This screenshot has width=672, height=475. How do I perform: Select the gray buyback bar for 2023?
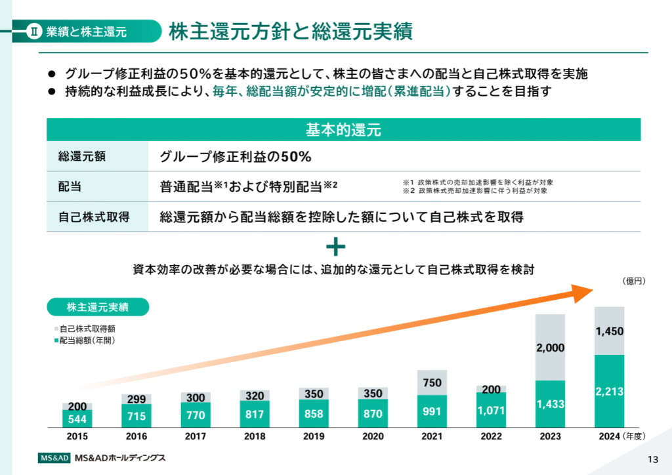tap(550, 348)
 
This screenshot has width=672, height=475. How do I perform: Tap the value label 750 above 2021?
tap(432, 383)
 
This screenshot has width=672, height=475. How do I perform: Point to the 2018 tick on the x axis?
tap(255, 436)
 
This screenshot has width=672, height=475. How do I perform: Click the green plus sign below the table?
tap(335, 247)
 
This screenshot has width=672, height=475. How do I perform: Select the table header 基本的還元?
tap(343, 129)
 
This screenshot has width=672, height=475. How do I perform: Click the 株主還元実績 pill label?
tap(98, 307)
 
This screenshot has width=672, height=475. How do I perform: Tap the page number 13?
tap(652, 459)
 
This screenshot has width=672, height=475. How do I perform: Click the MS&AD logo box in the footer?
tap(53, 457)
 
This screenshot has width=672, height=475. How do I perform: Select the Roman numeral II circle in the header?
tap(36, 31)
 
